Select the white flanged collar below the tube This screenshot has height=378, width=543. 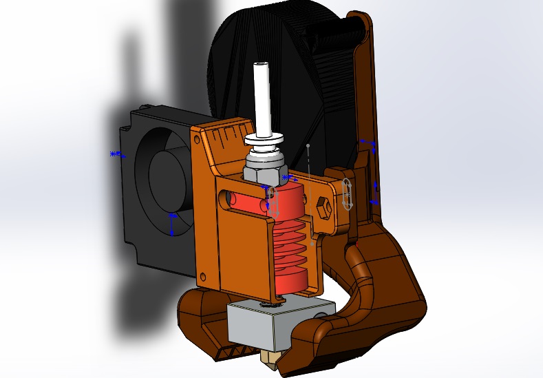click(264, 140)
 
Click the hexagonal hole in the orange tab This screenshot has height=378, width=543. click(323, 207)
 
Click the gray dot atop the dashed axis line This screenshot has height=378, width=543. click(308, 146)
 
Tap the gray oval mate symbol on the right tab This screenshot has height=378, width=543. click(348, 195)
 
